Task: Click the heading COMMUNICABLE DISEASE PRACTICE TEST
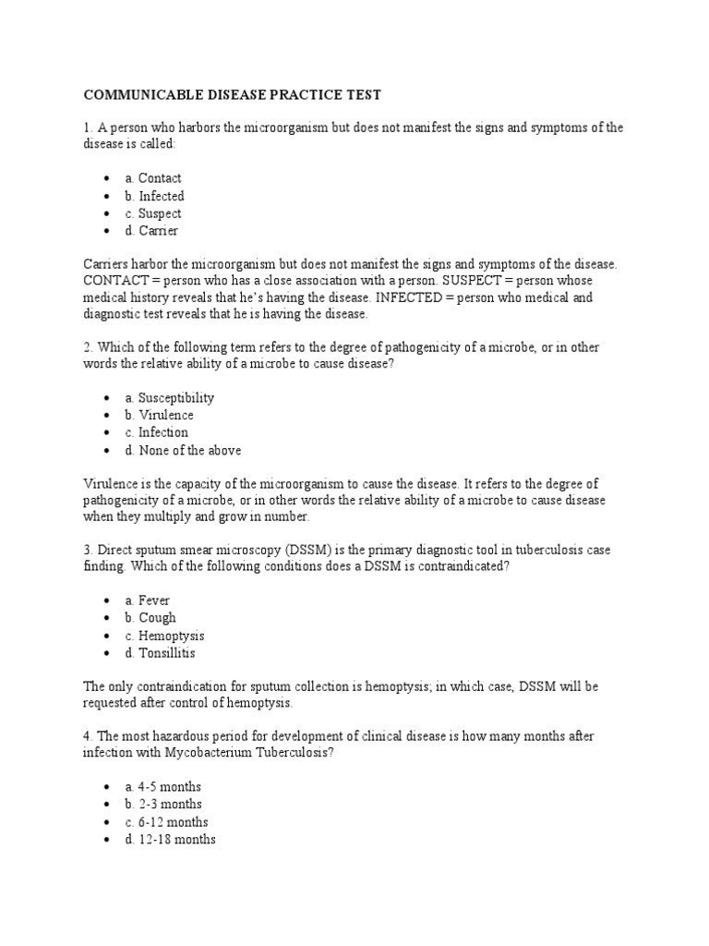click(x=233, y=95)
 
